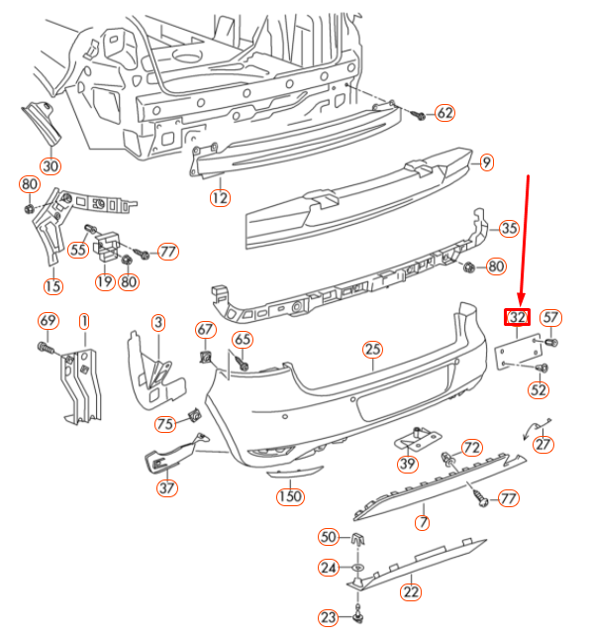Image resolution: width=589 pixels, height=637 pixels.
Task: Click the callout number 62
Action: [444, 113]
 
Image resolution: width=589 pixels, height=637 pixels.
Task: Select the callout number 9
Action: [486, 162]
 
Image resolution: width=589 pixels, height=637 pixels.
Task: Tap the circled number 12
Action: [220, 198]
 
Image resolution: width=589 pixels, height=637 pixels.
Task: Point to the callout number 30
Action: [50, 166]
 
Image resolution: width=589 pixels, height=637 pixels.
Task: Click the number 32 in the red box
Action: [517, 317]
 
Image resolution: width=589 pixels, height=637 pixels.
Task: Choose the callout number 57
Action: [550, 317]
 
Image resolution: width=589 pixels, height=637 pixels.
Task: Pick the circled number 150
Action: [290, 496]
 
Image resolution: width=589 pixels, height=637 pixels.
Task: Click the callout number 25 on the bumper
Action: [372, 349]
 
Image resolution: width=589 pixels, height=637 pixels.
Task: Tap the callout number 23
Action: [329, 618]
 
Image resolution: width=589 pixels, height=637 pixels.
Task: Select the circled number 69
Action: [49, 321]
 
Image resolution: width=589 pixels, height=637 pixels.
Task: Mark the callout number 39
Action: [407, 464]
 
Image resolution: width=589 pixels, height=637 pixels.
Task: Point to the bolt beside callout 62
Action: [418, 115]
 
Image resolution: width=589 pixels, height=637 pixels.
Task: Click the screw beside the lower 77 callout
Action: [480, 498]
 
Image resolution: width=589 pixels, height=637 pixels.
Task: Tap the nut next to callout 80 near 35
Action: [468, 267]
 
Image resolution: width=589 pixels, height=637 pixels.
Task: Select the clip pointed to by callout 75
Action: [194, 414]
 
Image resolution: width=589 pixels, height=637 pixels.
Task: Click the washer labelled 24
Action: [357, 567]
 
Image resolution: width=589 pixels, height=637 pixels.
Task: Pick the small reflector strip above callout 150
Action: [295, 473]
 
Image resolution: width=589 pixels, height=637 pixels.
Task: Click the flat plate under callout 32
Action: [519, 352]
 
